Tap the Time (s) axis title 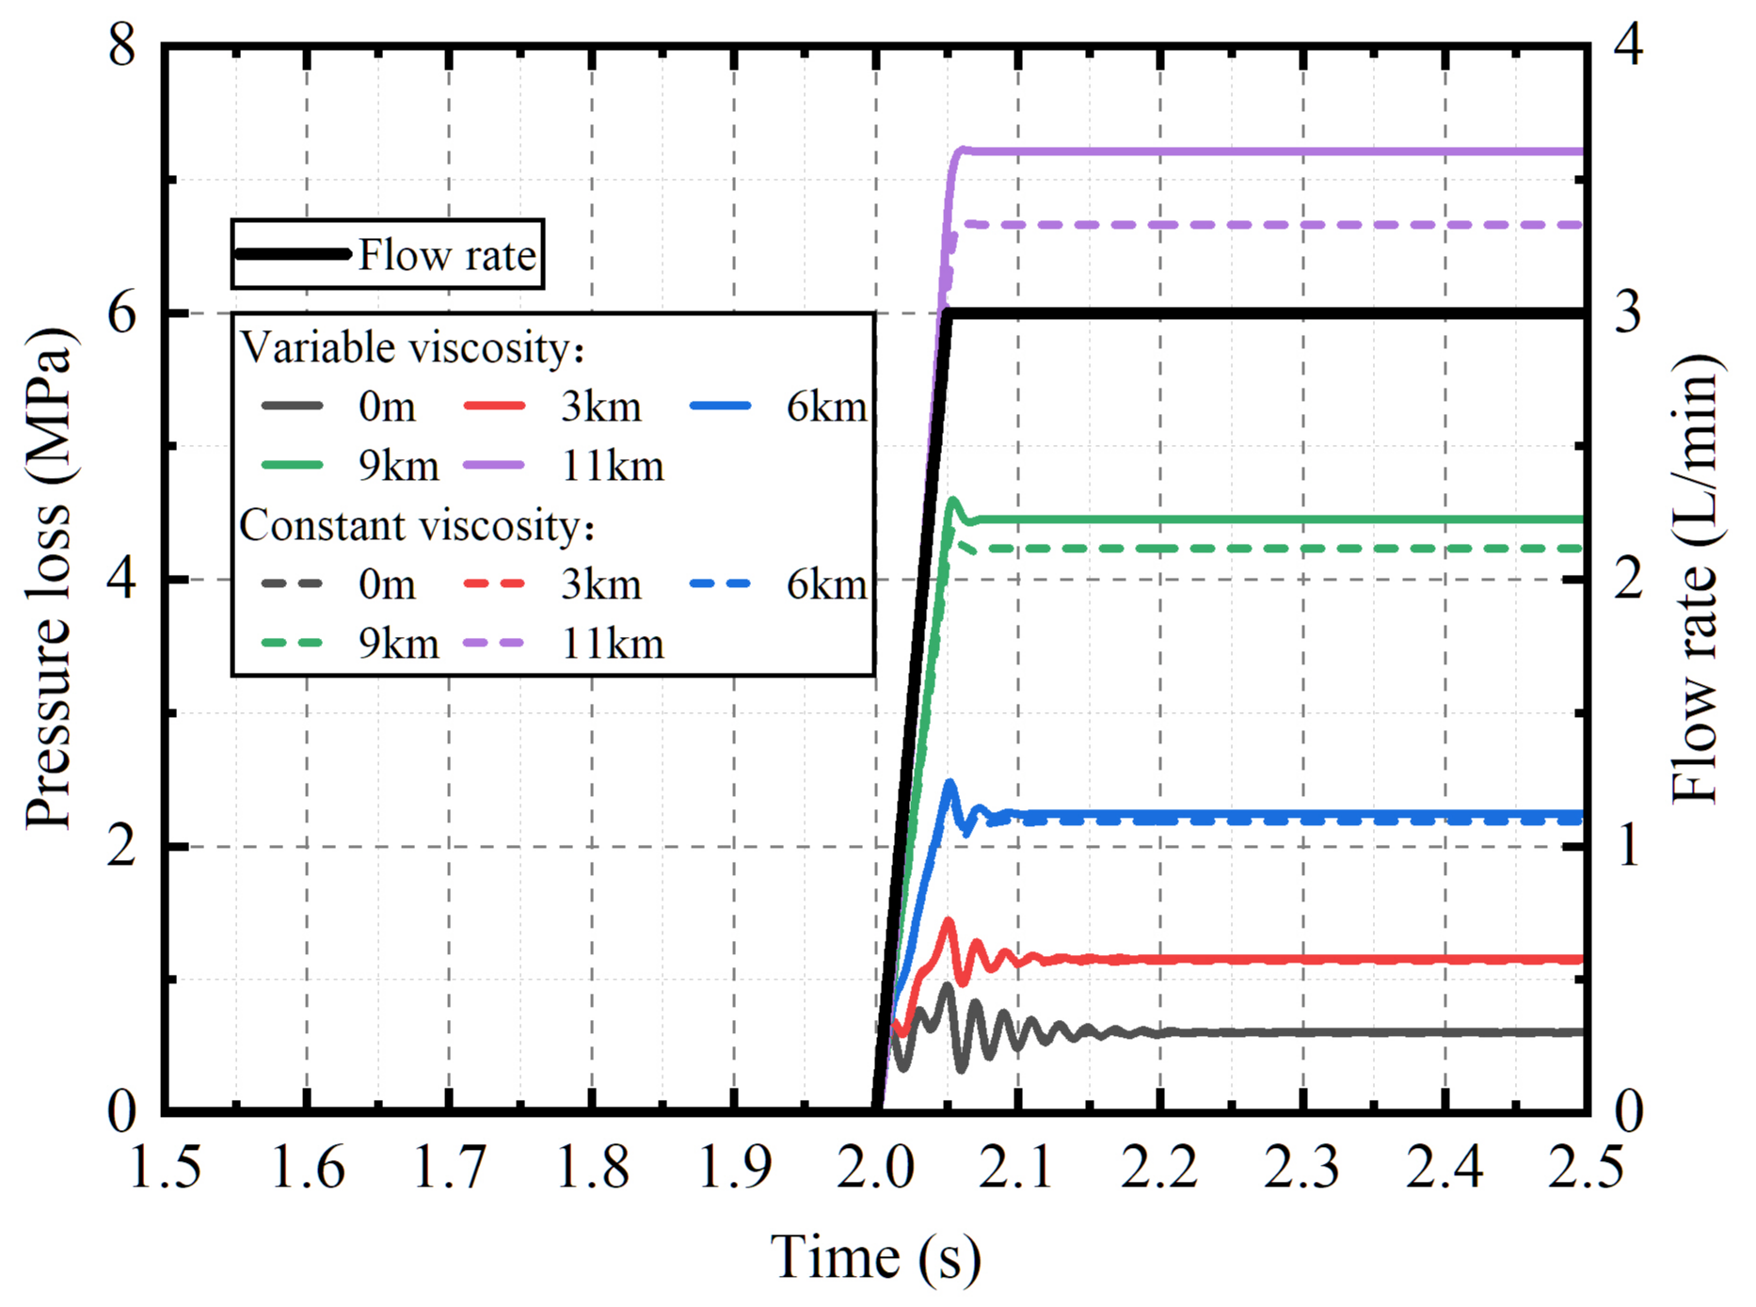click(875, 1256)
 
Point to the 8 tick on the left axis click(122, 44)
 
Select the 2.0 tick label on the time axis click(875, 1167)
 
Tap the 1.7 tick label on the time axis click(449, 1167)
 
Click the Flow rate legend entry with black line click(388, 255)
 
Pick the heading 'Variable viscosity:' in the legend click(412, 348)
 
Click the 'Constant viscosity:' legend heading click(417, 525)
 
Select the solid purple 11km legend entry click(565, 466)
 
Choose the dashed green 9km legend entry click(350, 644)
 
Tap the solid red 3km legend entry click(553, 406)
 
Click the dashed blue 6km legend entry click(778, 584)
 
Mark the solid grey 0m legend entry click(339, 406)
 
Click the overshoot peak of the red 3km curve click(949, 923)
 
